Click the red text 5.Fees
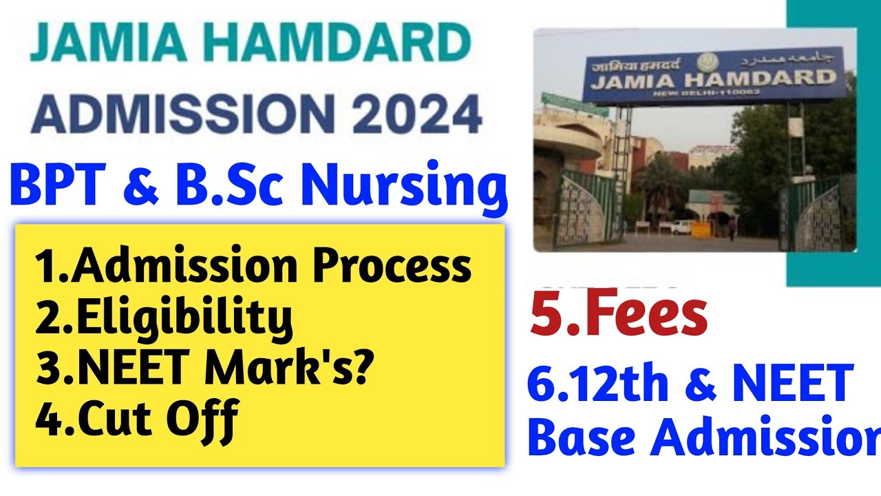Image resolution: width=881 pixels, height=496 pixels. pyautogui.click(x=618, y=316)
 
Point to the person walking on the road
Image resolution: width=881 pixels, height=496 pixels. pyautogui.click(x=732, y=229)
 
